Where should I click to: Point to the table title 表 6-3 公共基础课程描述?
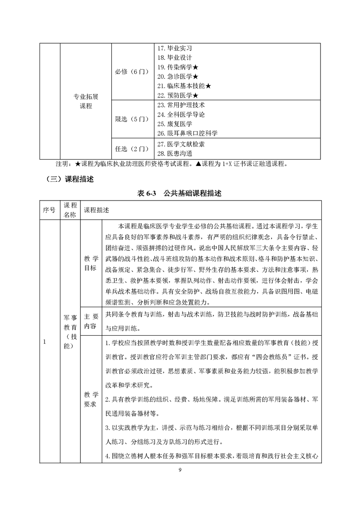click(x=180, y=194)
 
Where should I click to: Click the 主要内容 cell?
click(x=91, y=321)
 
